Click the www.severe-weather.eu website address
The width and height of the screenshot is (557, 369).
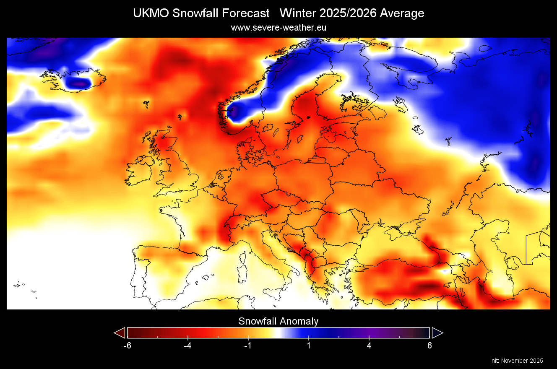278,28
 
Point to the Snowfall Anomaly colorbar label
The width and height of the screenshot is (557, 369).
278,321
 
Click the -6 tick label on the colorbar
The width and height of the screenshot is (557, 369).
128,346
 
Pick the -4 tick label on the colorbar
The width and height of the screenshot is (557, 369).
188,346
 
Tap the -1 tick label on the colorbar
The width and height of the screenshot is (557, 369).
248,346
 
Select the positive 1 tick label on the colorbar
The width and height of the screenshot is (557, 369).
309,346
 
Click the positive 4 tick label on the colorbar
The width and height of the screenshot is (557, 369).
369,346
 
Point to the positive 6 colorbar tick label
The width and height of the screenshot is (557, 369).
429,346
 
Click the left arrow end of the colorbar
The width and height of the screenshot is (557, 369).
120,333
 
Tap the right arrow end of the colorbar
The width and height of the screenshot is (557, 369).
437,333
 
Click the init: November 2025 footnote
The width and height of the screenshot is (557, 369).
516,361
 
